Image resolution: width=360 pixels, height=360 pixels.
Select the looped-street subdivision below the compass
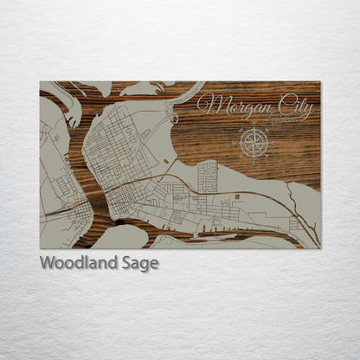pyautogui.click(x=209, y=177)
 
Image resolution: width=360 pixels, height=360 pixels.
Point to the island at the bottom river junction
pyautogui.click(x=121, y=235)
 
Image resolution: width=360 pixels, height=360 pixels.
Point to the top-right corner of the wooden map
pyautogui.click(x=319, y=82)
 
